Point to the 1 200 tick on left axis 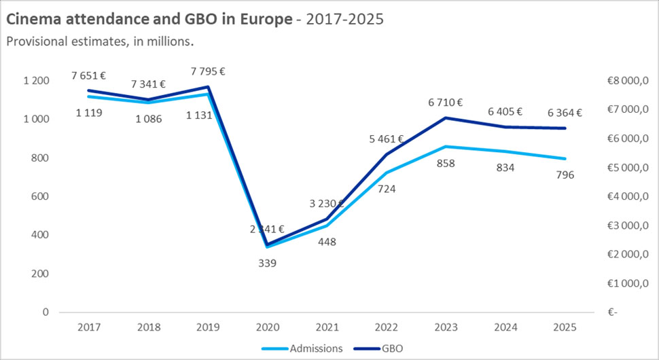[36, 81]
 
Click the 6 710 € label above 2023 [445, 103]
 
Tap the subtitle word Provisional [38, 41]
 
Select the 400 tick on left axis [40, 235]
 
